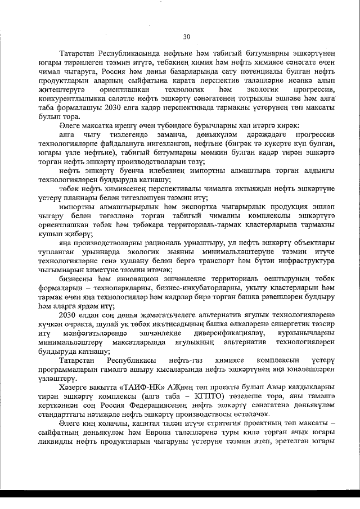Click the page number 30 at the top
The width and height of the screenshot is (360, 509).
tap(187, 37)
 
